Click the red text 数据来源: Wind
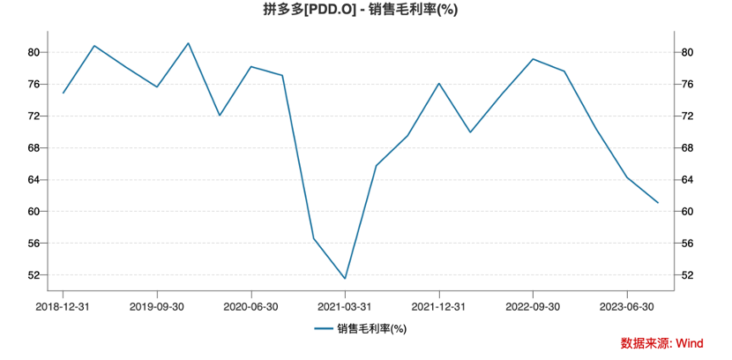coord(661,342)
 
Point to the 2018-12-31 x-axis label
coord(63,306)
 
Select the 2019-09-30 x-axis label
coord(157,306)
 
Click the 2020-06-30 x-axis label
coord(250,306)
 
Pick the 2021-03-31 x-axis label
coord(345,306)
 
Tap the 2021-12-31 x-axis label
coord(438,306)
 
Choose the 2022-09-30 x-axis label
coord(533,306)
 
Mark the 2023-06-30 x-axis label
coord(626,306)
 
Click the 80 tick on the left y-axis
coord(34,53)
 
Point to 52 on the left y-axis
coord(34,275)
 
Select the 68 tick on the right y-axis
coord(689,148)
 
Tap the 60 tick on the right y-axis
coord(689,212)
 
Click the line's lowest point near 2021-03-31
coord(345,278)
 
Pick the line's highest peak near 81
coord(189,43)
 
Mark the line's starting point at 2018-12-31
coord(63,93)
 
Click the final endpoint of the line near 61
coord(657,203)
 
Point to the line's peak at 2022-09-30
coord(533,59)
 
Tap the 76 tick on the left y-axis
coord(34,85)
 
